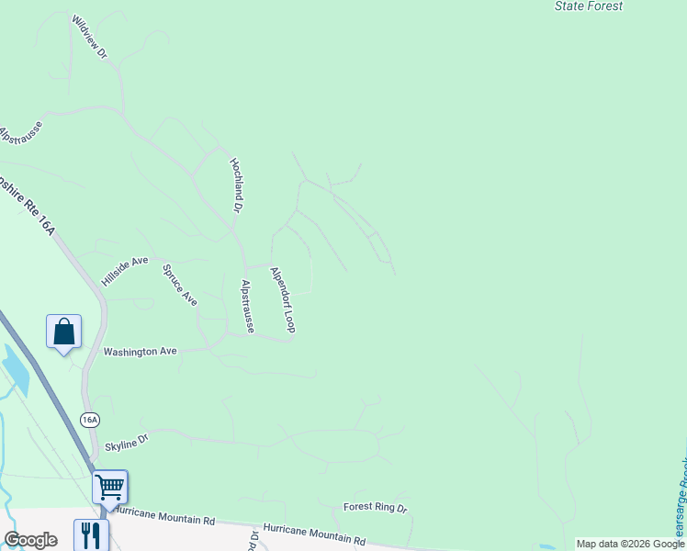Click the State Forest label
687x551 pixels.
tap(589, 6)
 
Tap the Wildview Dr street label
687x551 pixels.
tap(89, 38)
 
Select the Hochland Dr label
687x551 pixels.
tap(235, 185)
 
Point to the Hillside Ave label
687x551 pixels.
tap(125, 271)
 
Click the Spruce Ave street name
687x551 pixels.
tap(180, 285)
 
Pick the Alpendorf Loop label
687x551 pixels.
tap(282, 299)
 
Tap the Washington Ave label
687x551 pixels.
tap(140, 352)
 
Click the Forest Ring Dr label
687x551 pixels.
tap(375, 507)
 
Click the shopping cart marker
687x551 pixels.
tap(109, 487)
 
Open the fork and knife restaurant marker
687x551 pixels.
tap(90, 534)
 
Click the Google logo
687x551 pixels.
tap(30, 540)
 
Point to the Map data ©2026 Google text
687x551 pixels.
tap(631, 544)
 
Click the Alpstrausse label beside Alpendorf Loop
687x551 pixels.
tap(246, 306)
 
